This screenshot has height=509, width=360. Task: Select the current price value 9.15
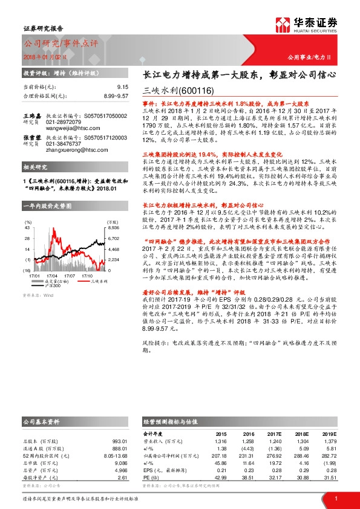pos(121,86)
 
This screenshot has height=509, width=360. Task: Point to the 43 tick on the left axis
pos(27,228)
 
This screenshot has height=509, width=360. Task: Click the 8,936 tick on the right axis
pos(114,228)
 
